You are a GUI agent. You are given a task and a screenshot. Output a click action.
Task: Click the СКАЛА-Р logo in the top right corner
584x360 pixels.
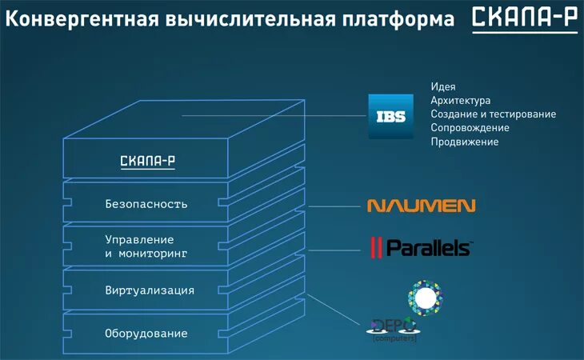click(x=524, y=19)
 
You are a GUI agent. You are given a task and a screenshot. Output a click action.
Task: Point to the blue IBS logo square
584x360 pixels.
click(x=390, y=116)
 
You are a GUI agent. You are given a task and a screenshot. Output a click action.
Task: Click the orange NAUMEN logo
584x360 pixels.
click(x=421, y=206)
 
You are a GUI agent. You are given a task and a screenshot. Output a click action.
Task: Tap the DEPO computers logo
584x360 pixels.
click(x=393, y=328)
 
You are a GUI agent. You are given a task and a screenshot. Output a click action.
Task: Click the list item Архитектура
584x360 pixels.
click(x=460, y=100)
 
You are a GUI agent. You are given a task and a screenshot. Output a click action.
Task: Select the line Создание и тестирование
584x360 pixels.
click(x=493, y=114)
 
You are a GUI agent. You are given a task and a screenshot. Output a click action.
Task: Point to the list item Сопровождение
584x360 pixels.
click(x=470, y=127)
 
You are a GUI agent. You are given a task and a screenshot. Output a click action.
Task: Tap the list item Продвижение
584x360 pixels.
click(x=464, y=142)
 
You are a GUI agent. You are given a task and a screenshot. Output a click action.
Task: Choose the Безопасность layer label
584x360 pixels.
click(x=146, y=204)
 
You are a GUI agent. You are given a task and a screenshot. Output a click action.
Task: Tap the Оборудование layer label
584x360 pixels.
click(x=146, y=333)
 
